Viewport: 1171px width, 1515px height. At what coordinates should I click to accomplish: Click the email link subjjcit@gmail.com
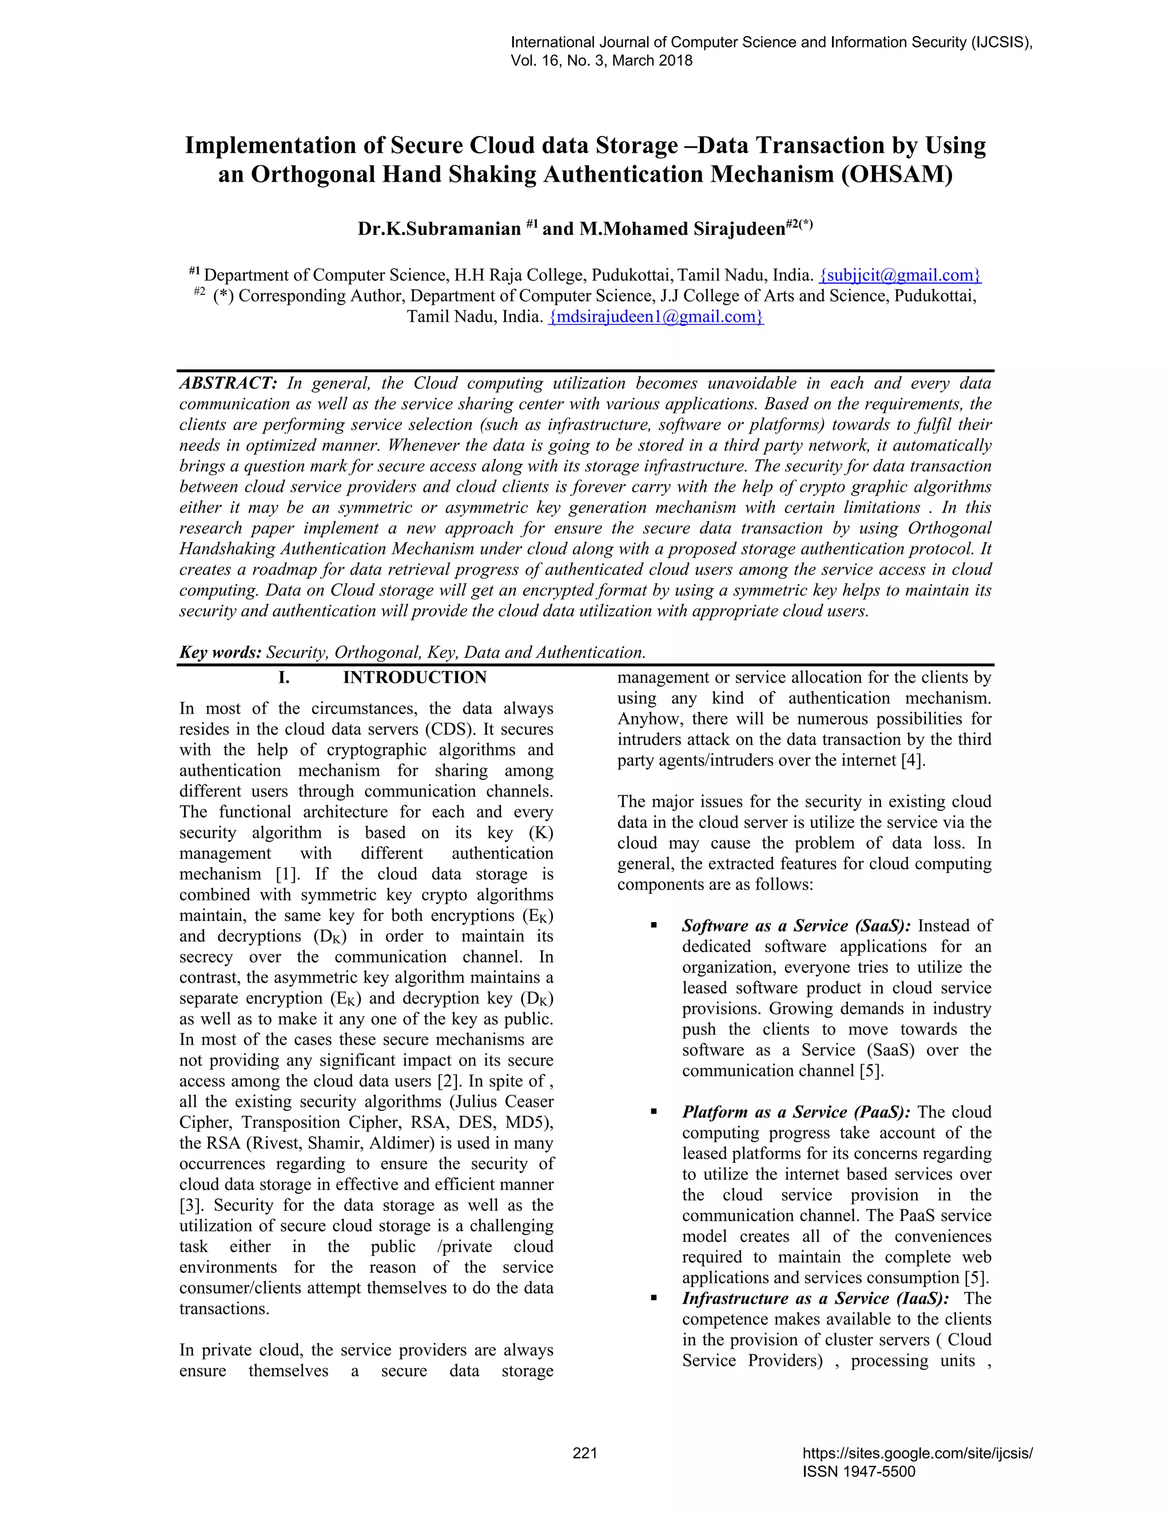point(900,276)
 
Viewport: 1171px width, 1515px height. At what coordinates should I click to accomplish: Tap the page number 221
point(585,1453)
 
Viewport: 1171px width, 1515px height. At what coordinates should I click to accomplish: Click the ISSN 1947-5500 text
point(858,1472)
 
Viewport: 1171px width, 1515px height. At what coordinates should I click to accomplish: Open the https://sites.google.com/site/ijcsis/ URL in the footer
point(917,1453)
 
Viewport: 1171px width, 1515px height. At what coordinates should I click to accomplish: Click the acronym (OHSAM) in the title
point(897,174)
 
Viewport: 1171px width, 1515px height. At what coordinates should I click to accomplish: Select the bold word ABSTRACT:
point(228,384)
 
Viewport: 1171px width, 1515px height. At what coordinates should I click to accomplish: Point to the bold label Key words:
point(220,653)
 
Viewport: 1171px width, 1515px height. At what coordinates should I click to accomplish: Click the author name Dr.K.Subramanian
point(439,229)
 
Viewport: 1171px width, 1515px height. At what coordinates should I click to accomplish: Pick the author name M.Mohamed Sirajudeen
point(682,229)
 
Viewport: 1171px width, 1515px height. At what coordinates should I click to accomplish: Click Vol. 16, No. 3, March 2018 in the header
point(601,61)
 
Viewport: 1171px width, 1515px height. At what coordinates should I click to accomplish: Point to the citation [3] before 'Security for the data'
point(191,1206)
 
